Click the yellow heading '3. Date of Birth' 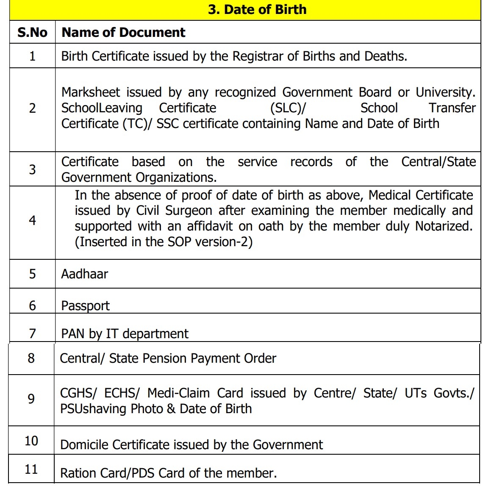tap(257, 9)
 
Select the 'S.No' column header tap(32, 32)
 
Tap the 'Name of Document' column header tap(123, 32)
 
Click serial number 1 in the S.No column tap(32, 56)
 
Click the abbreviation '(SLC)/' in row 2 tap(288, 108)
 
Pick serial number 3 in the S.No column tap(32, 169)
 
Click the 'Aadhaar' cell tap(84, 274)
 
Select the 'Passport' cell tap(85, 306)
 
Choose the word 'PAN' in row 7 tap(72, 333)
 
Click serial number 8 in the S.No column tap(31, 358)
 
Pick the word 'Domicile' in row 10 tap(85, 445)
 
